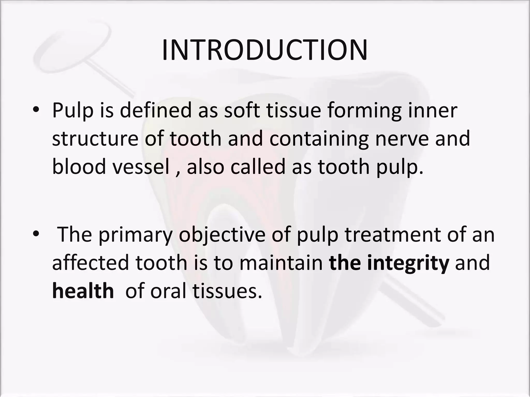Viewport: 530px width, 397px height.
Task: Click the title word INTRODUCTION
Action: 264,50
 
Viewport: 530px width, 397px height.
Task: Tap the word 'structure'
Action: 95,139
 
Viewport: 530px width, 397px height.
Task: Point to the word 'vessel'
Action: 141,166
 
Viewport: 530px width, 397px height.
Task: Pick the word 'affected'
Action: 90,263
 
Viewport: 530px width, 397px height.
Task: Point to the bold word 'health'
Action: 83,291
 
